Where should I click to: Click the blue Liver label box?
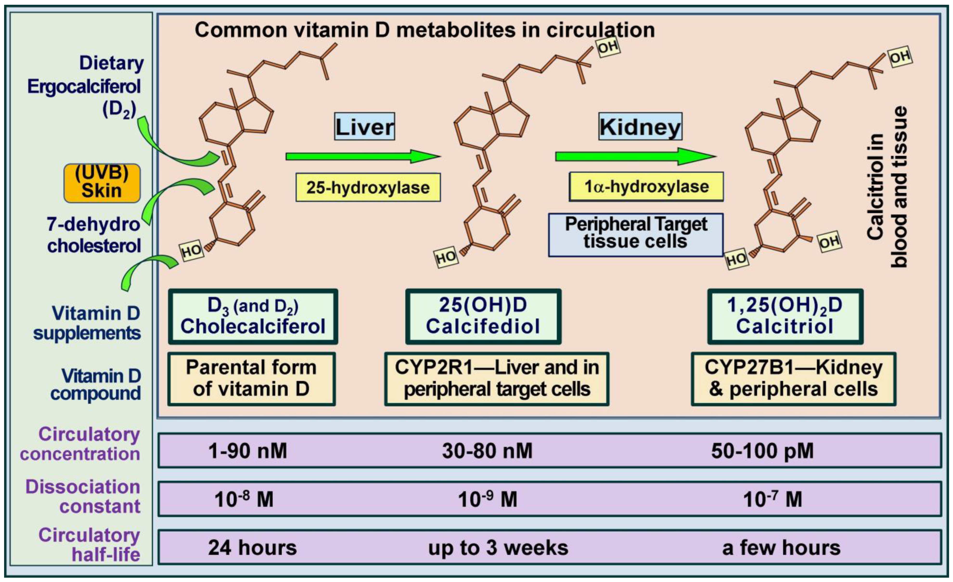[364, 127]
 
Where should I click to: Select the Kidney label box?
[640, 127]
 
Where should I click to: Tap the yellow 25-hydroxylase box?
[368, 187]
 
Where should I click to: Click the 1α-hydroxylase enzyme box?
[646, 187]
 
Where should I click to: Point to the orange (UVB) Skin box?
[102, 183]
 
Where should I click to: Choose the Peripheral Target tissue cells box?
[636, 235]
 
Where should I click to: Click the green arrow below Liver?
[363, 156]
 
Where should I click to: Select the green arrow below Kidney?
[636, 156]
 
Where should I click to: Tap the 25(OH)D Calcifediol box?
[483, 316]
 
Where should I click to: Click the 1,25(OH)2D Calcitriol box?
[785, 316]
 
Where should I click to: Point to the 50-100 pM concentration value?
[762, 451]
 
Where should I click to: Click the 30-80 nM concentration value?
[487, 451]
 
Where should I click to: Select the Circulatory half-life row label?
[89, 545]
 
